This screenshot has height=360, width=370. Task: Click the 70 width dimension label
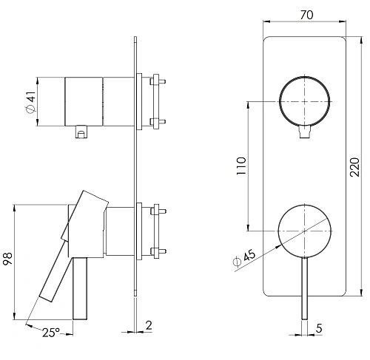pyautogui.click(x=306, y=15)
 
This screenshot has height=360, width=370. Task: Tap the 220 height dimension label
pyautogui.click(x=355, y=167)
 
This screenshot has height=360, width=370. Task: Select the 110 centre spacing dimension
pyautogui.click(x=241, y=166)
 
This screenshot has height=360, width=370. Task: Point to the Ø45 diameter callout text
pyautogui.click(x=244, y=258)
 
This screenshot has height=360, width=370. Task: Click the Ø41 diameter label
pyautogui.click(x=31, y=102)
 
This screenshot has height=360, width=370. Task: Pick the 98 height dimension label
pyautogui.click(x=7, y=259)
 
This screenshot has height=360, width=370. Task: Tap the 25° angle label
pyautogui.click(x=50, y=333)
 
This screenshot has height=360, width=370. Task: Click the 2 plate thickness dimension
pyautogui.click(x=149, y=325)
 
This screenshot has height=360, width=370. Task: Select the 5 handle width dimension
pyautogui.click(x=319, y=328)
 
